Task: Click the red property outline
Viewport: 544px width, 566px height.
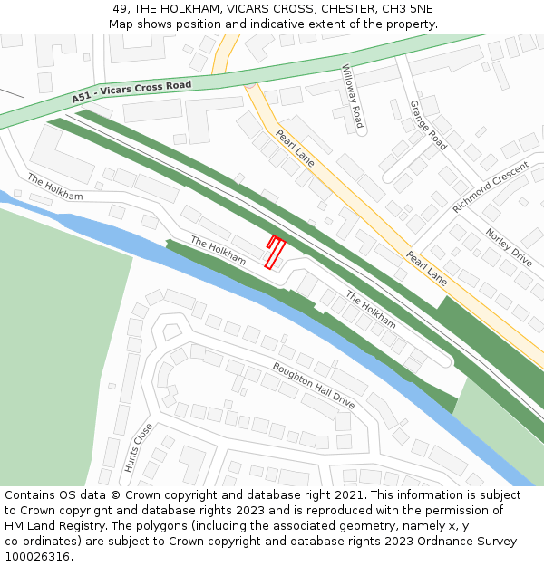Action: click(274, 253)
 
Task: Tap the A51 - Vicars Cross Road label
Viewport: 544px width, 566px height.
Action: click(132, 91)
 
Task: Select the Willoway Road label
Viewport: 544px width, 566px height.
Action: click(352, 96)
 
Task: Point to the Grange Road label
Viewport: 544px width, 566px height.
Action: click(428, 125)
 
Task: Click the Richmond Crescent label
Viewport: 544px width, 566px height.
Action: click(490, 187)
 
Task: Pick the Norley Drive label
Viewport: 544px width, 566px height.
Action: click(509, 247)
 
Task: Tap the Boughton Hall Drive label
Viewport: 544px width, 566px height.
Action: click(314, 385)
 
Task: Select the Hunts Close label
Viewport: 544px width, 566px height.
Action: click(138, 448)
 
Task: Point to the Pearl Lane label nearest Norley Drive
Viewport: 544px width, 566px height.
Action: click(426, 268)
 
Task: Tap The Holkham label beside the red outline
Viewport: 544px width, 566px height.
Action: click(218, 251)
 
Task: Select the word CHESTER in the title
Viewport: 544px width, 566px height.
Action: click(347, 9)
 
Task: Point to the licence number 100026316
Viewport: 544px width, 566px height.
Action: click(38, 557)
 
